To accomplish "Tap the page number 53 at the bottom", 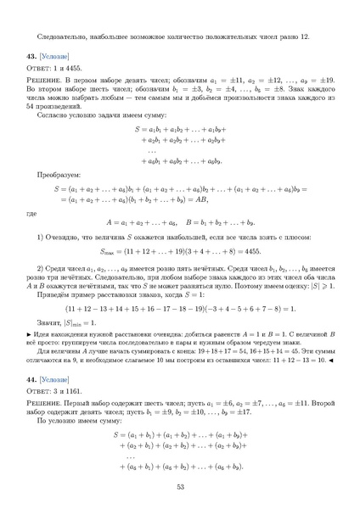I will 180,486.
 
